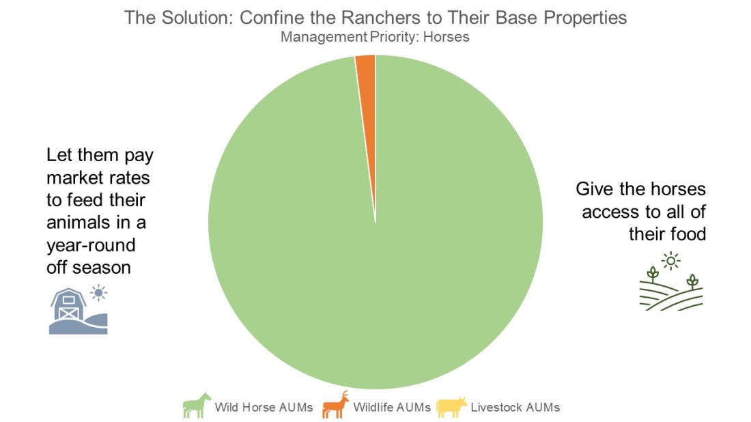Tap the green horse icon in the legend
pyautogui.click(x=196, y=406)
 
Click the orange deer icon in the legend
pyautogui.click(x=335, y=405)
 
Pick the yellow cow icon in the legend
pyautogui.click(x=451, y=406)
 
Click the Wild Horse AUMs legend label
pyautogui.click(x=264, y=408)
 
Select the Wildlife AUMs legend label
pyautogui.click(x=392, y=408)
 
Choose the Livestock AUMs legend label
pyautogui.click(x=515, y=408)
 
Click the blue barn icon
pyautogui.click(x=72, y=313)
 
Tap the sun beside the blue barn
pyautogui.click(x=100, y=294)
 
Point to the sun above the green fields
pyautogui.click(x=672, y=260)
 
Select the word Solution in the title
pyautogui.click(x=195, y=17)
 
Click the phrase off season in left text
pyautogui.click(x=88, y=267)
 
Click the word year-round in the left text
pyautogui.click(x=91, y=245)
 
